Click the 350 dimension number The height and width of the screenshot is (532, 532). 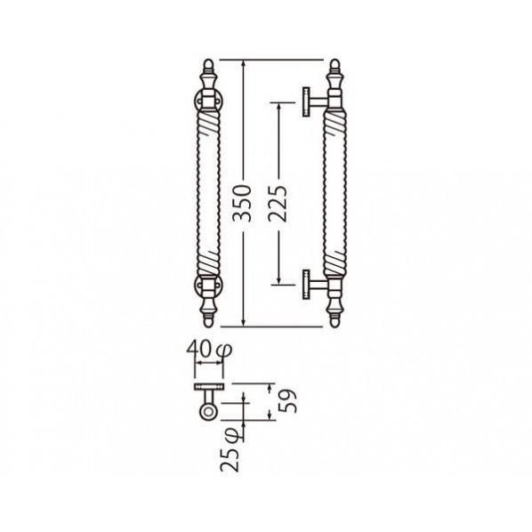coord(243,204)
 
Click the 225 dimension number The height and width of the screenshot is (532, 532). coord(278,204)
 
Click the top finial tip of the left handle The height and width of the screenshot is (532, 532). coord(209,60)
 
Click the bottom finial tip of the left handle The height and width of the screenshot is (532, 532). coord(208,326)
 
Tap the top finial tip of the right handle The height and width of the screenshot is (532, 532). coord(335,60)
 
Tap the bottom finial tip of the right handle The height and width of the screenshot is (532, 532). coord(335,326)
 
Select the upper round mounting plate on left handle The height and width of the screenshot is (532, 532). coord(197,101)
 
